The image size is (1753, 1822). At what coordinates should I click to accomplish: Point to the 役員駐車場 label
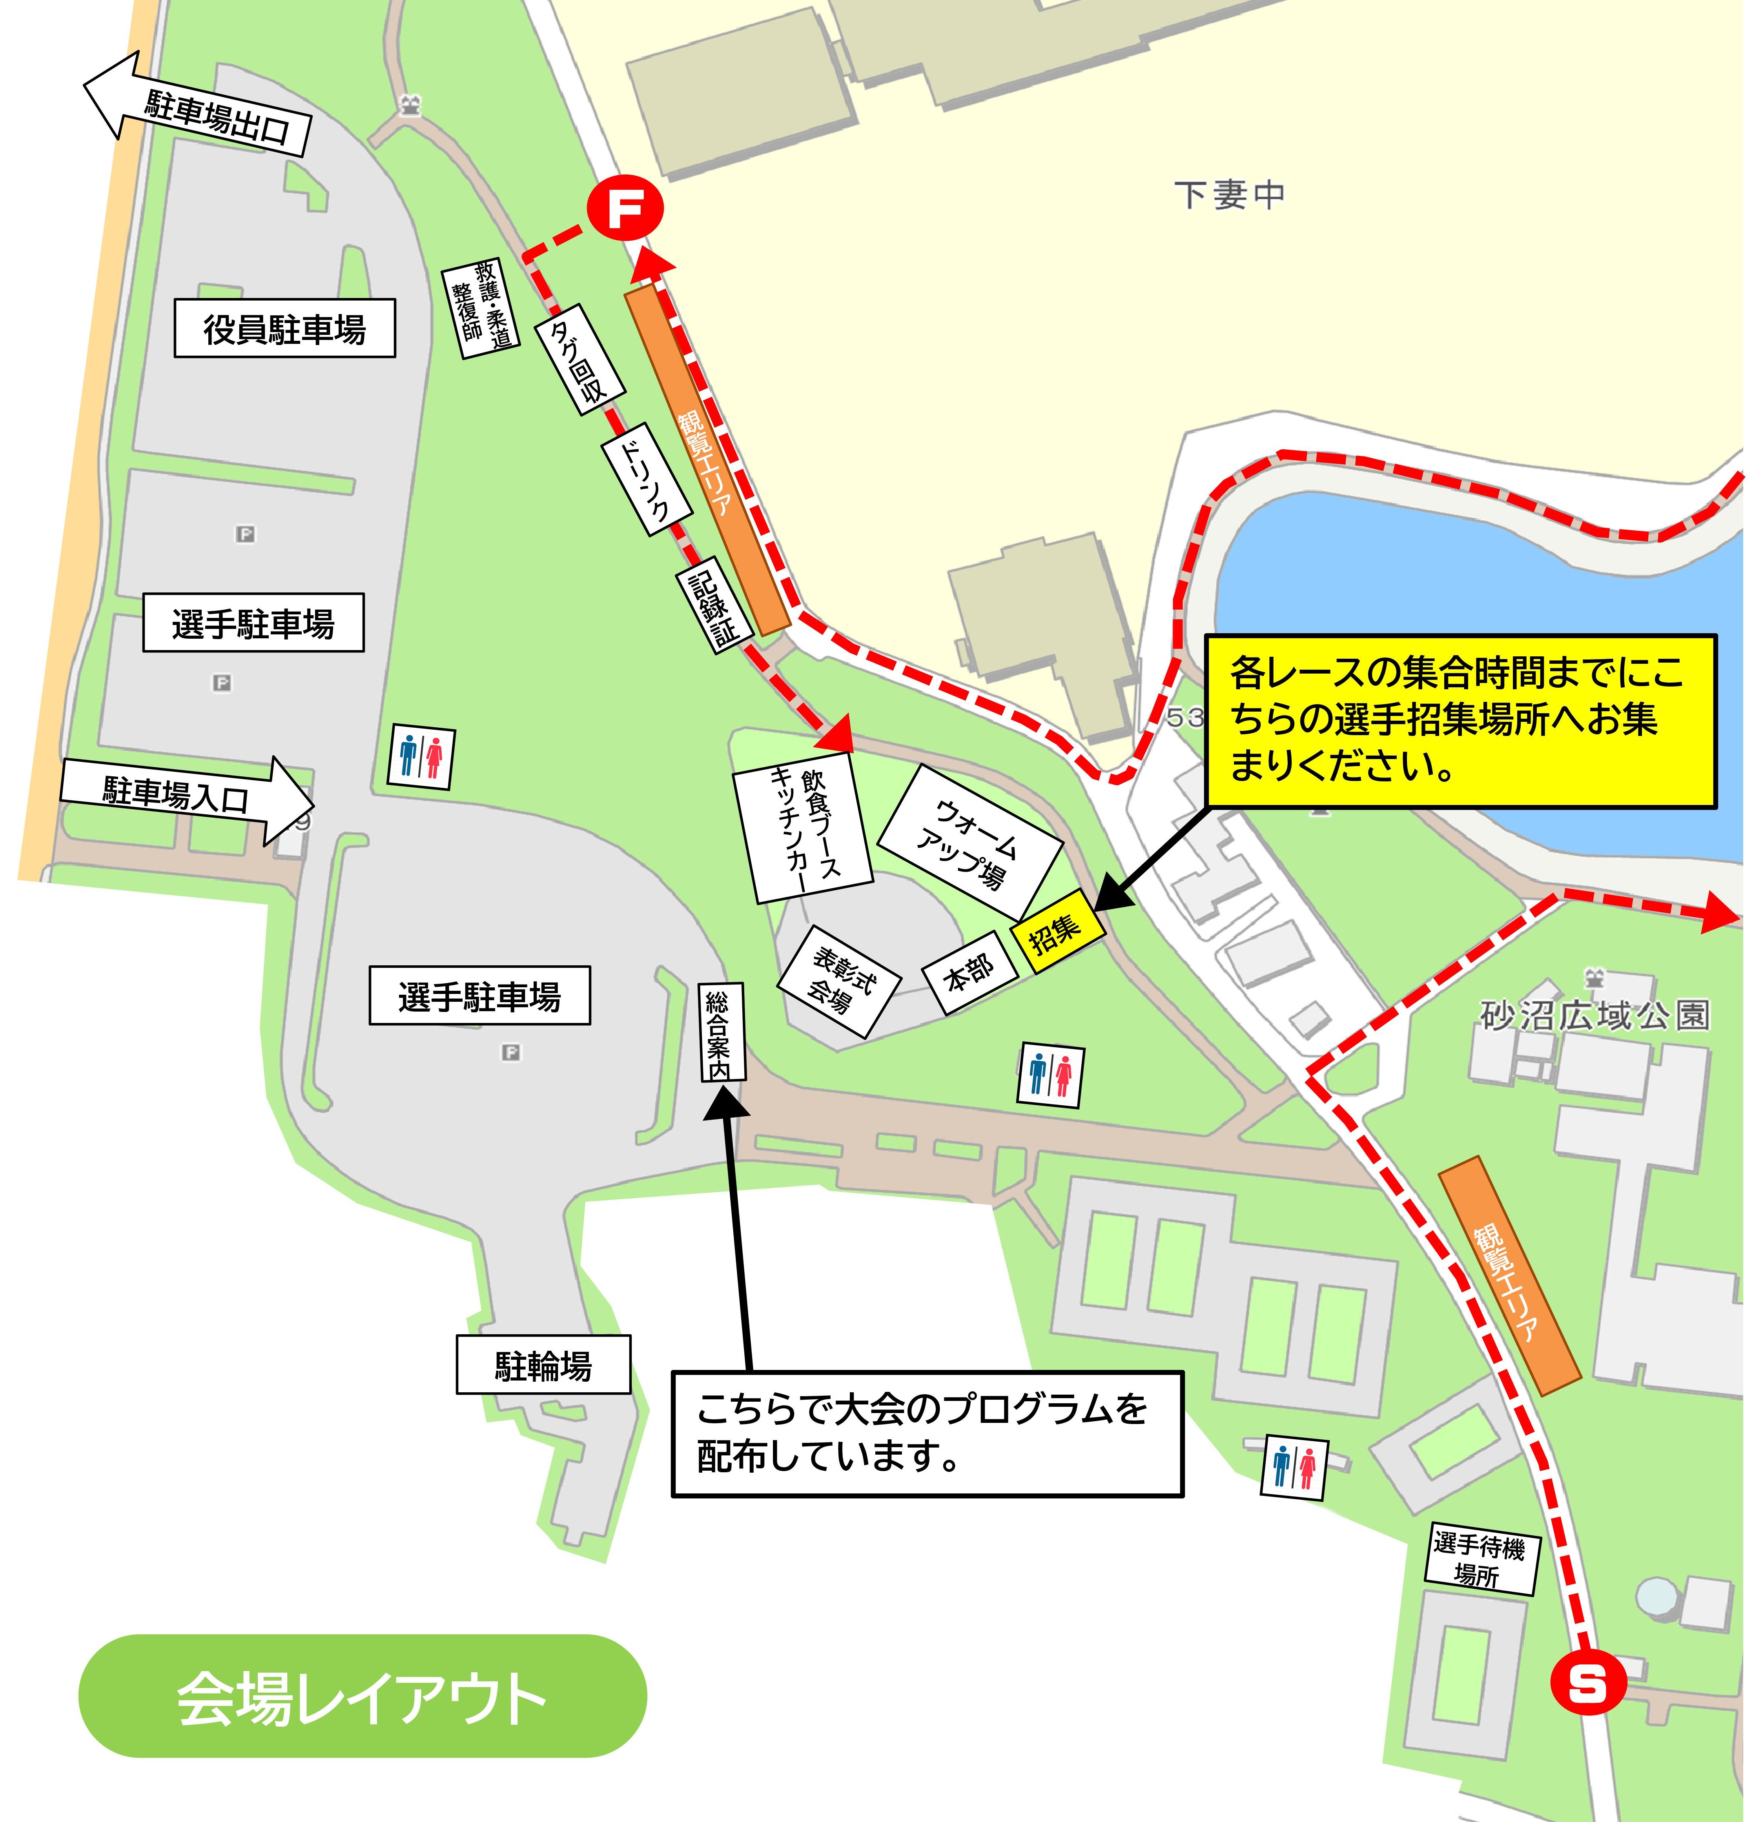(284, 328)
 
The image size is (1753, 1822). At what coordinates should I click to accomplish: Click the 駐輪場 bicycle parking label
(543, 1365)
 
